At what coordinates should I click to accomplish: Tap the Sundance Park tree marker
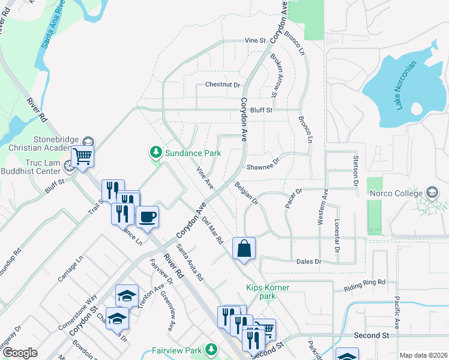156,152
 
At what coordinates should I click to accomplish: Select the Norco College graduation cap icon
432,193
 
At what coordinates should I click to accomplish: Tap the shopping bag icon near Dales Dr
244,248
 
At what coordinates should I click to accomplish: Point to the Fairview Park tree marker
211,349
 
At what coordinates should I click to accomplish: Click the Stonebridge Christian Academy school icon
88,142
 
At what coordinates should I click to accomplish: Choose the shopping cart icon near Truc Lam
82,157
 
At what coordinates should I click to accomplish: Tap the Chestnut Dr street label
222,85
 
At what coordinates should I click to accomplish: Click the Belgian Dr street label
246,193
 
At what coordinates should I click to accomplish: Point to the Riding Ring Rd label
364,286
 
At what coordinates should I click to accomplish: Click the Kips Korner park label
268,292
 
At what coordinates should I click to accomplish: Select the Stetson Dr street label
355,170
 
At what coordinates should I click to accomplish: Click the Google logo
20,353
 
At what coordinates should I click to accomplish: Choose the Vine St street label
255,40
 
